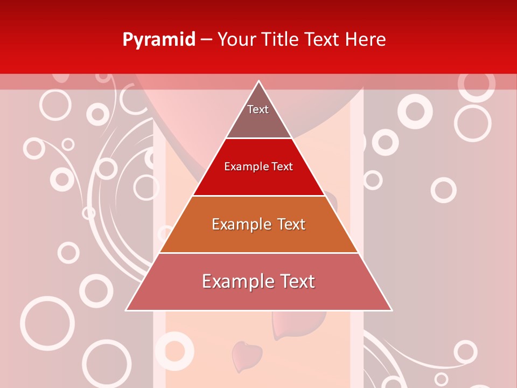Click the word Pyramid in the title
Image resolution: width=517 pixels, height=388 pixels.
point(159,40)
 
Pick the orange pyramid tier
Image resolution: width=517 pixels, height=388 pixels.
point(258,237)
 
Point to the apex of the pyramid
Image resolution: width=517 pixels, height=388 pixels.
point(259,81)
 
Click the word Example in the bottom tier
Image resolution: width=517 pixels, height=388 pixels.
point(234,281)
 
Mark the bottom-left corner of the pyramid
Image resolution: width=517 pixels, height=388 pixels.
point(127,310)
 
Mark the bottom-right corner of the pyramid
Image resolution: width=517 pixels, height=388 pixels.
point(392,310)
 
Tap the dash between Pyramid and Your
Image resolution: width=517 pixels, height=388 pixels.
point(206,40)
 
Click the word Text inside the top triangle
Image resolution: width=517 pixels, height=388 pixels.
point(258,109)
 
